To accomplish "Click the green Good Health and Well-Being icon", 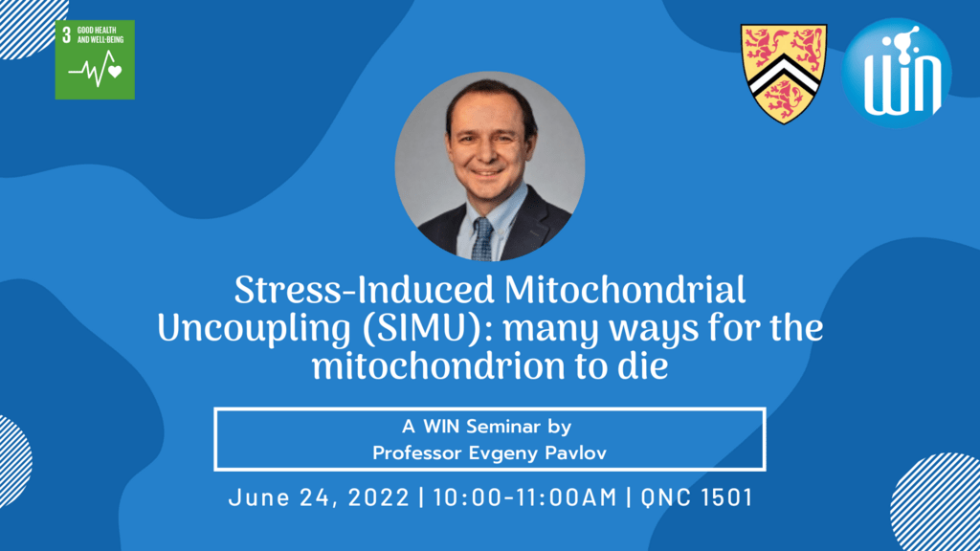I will (x=95, y=59).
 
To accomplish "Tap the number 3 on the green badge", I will (x=65, y=34).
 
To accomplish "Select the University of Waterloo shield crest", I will (x=784, y=73).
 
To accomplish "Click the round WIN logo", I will (x=897, y=73).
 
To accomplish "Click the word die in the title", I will (x=643, y=365).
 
